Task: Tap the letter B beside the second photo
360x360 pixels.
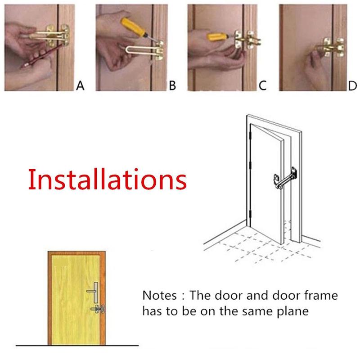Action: [172, 85]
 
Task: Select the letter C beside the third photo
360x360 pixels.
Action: [263, 85]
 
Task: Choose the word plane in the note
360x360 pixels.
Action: [292, 311]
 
